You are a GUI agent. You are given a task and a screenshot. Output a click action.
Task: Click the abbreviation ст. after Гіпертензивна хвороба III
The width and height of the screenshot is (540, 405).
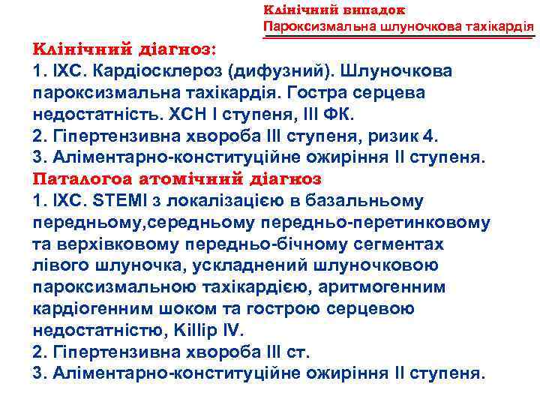(x=294, y=352)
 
